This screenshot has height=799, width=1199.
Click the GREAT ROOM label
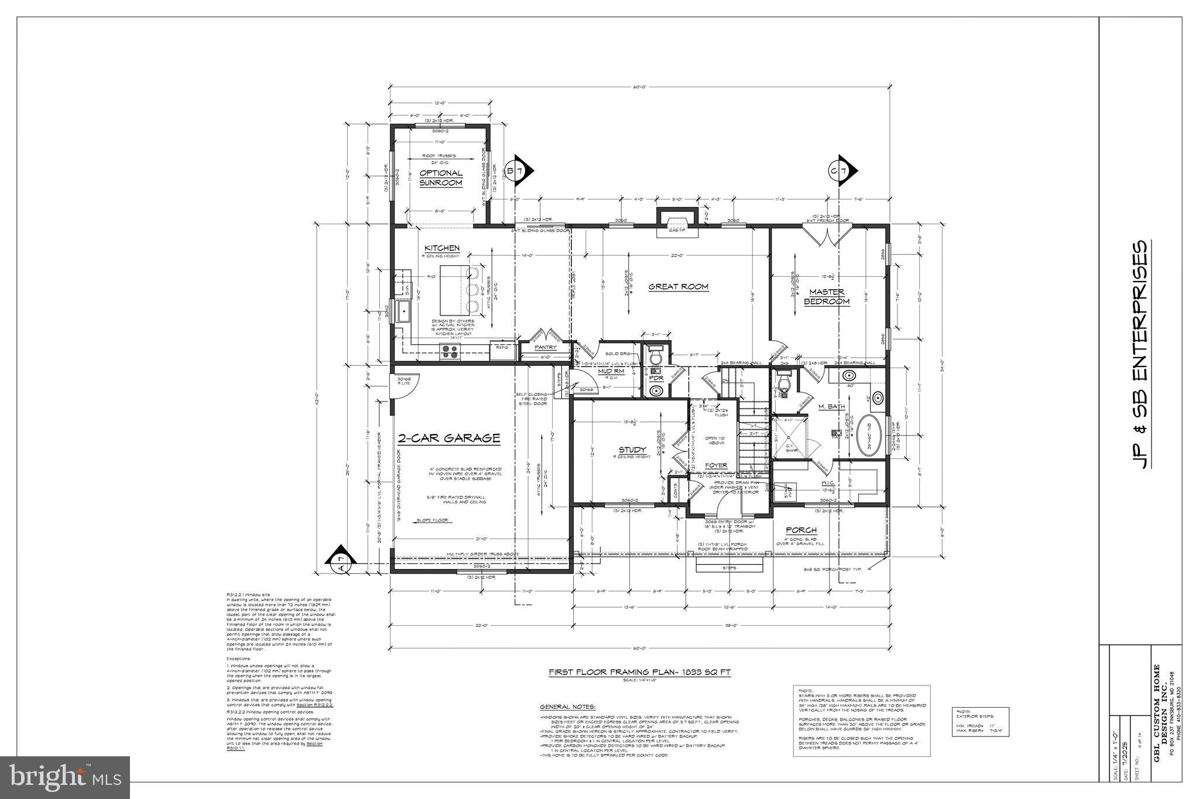point(678,287)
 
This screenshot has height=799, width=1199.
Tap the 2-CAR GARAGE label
point(448,438)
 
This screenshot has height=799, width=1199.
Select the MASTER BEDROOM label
point(826,297)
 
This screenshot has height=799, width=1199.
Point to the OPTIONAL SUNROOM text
point(440,178)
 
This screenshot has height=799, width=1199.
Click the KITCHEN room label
point(441,248)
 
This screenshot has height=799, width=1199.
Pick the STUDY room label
point(632,450)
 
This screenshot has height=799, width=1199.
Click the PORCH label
point(801,530)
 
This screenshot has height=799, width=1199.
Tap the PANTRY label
point(545,348)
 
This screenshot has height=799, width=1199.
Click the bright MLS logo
point(64,777)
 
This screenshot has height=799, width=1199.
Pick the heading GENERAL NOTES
point(567,707)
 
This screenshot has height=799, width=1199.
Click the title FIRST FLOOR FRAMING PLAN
point(639,673)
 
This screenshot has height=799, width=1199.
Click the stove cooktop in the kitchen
point(450,351)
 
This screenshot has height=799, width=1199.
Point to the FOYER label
point(715,465)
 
